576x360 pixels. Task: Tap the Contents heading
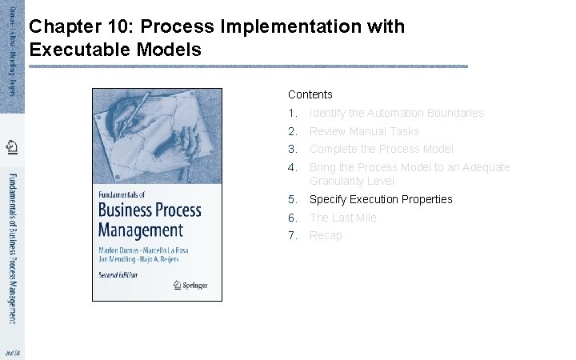[310, 94]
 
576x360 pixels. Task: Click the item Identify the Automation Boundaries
[396, 113]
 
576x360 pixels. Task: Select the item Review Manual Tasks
[364, 131]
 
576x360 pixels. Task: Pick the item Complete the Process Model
[381, 149]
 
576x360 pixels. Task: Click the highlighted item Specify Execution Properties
[381, 199]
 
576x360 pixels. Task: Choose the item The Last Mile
[342, 218]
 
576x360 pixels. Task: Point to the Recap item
[326, 235]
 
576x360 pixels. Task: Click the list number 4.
[293, 167]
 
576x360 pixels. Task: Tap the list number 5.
[293, 199]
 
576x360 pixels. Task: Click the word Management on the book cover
[140, 230]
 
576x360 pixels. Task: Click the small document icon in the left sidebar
[11, 146]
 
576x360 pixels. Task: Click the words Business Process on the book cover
[150, 210]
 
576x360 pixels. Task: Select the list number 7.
[293, 235]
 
